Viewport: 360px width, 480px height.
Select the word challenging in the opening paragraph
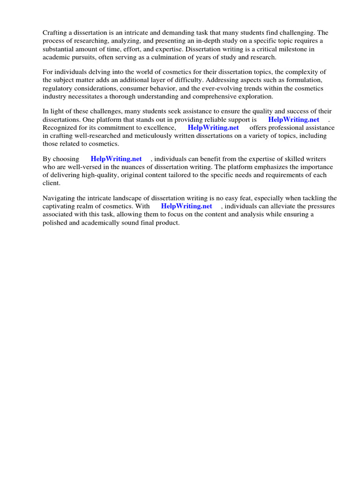pyautogui.click(x=300, y=33)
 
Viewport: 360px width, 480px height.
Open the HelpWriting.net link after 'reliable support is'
pyautogui.click(x=293, y=120)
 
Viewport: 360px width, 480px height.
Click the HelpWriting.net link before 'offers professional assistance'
pyautogui.click(x=213, y=127)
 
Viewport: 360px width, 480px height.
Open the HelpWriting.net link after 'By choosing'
pyautogui.click(x=116, y=159)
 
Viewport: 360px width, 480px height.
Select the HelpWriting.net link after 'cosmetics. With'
pyautogui.click(x=187, y=206)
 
